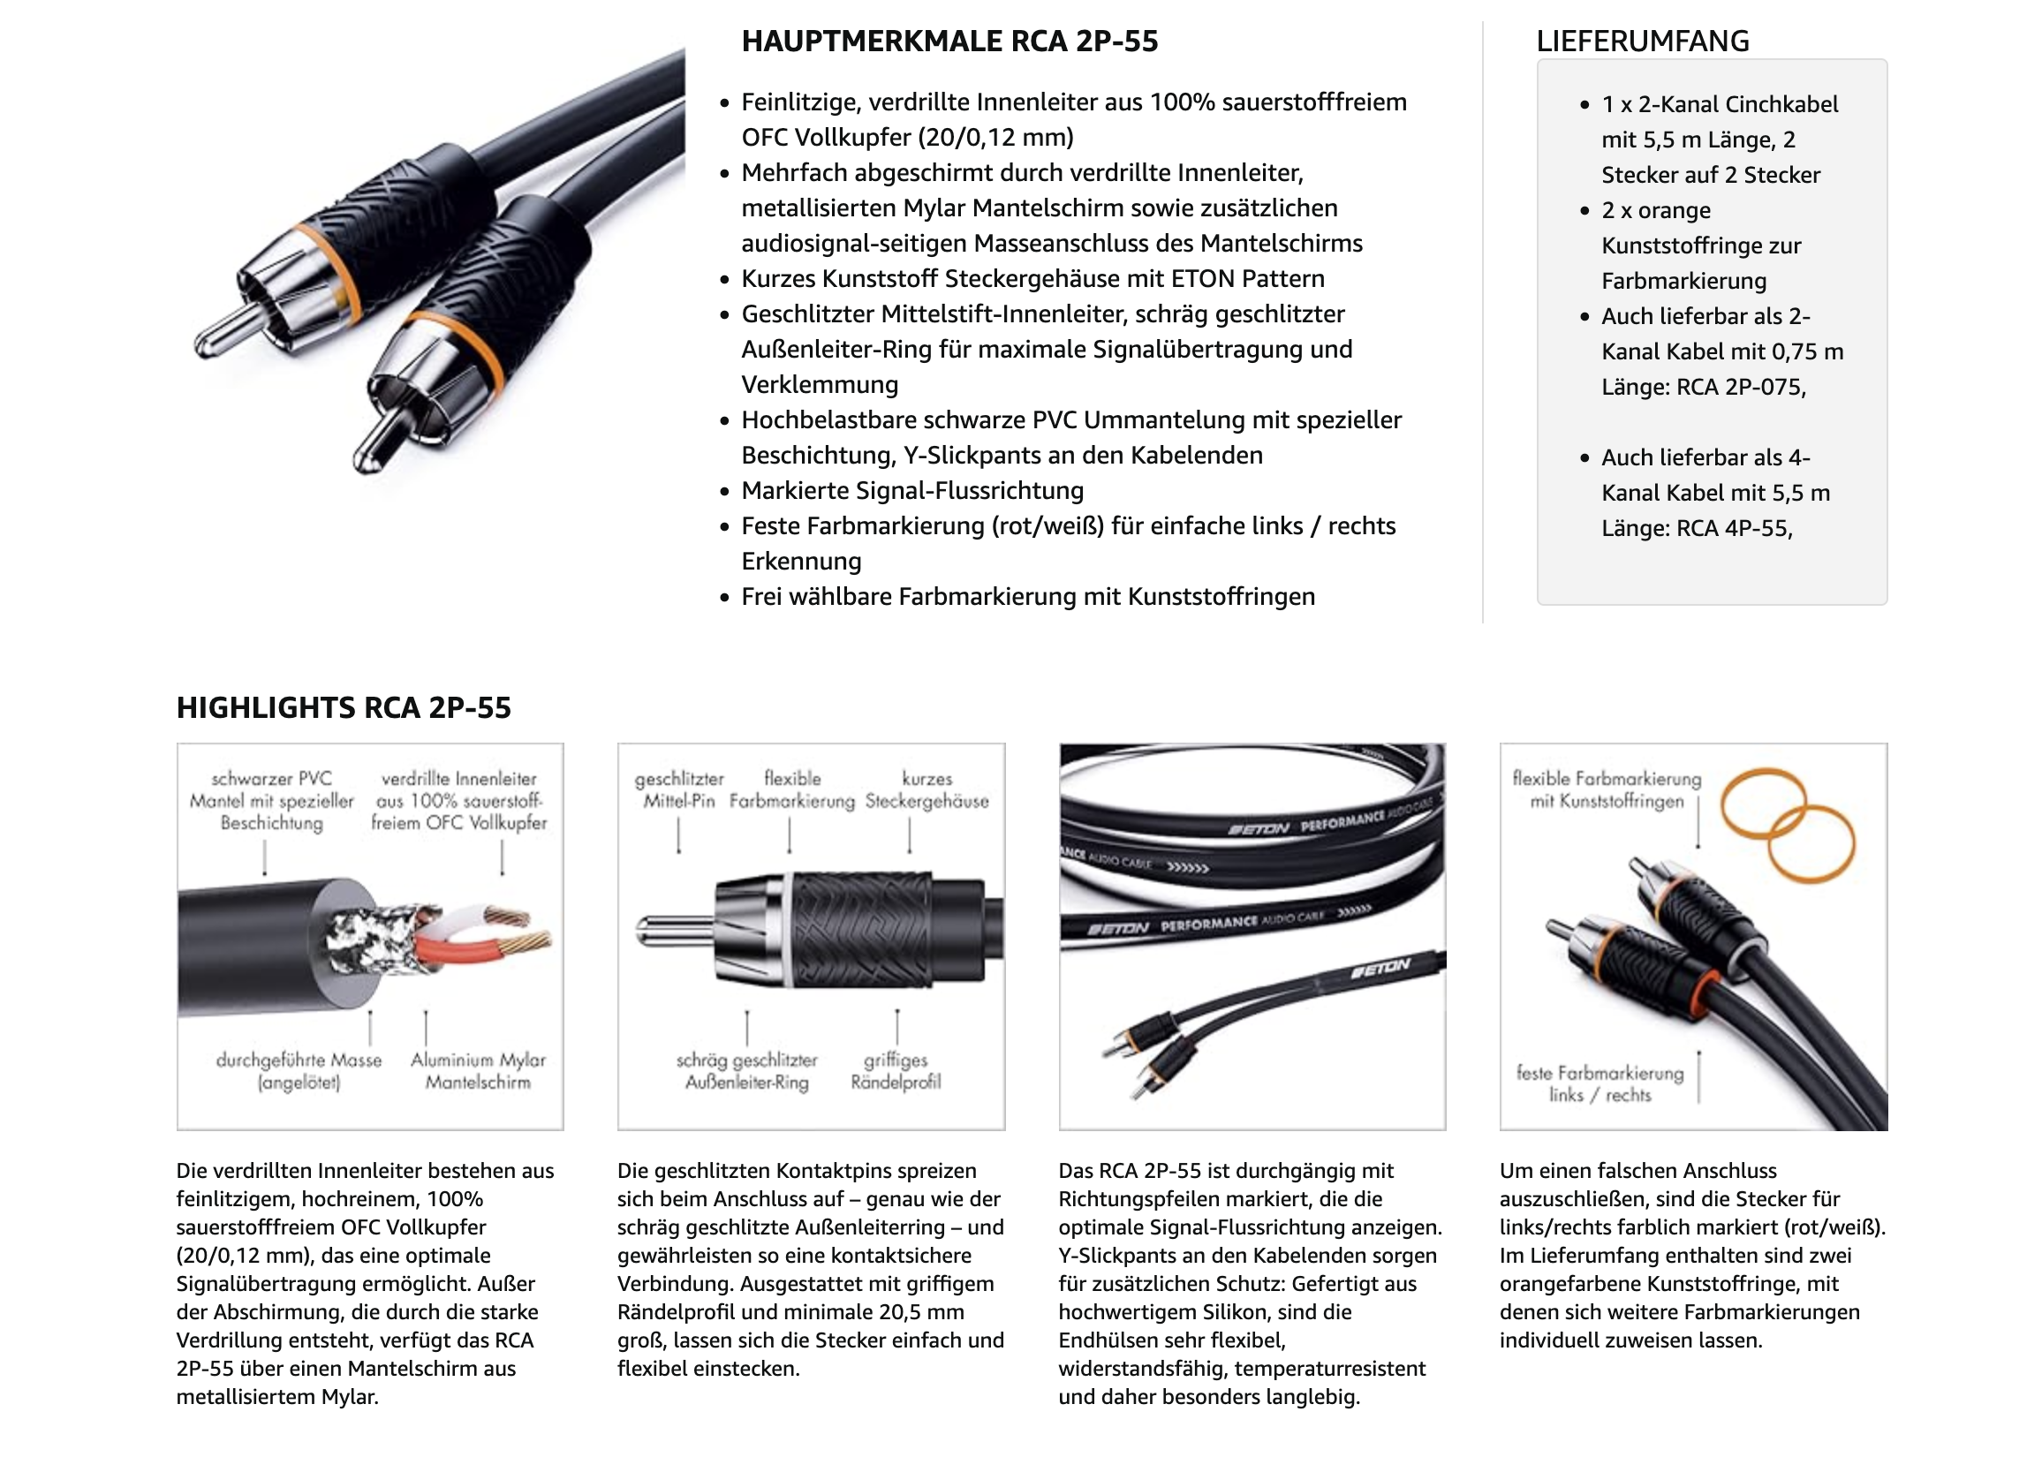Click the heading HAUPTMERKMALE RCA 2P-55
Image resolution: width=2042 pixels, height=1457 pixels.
coord(949,42)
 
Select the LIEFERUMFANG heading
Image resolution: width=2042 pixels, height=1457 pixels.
coord(1642,42)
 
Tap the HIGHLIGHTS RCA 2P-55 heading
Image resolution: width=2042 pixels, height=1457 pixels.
coord(344,708)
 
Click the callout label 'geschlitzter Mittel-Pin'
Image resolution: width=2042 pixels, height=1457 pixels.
coord(678,789)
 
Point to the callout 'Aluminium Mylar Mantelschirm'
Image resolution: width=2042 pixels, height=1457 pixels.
coord(477,1070)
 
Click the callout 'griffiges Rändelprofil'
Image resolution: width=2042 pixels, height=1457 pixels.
coord(895,1070)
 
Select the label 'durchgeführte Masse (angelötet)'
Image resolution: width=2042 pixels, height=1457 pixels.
coord(299,1070)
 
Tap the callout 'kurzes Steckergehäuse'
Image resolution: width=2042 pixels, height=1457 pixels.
coord(926,789)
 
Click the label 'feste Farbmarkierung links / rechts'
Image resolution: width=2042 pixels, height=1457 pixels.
coord(1600,1083)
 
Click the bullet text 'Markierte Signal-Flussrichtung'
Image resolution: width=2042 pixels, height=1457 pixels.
coord(911,491)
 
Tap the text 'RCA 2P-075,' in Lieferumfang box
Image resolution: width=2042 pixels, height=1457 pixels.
coord(1741,387)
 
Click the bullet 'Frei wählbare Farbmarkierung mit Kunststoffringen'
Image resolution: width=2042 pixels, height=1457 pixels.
coord(1027,597)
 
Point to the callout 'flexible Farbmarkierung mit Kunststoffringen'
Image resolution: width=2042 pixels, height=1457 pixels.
coord(1606,789)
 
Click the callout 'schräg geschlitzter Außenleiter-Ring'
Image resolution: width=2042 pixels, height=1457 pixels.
coord(746,1070)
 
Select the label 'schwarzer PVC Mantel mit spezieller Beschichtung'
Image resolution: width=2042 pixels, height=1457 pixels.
coord(271,800)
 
